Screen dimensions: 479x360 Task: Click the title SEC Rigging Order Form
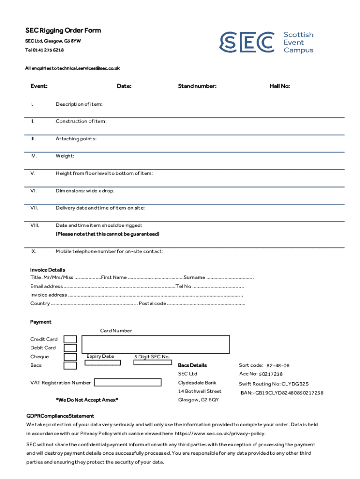(x=63, y=31)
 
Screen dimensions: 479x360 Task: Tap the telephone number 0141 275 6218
(x=48, y=50)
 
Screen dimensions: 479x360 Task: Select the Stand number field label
(x=197, y=86)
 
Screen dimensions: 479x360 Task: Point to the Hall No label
(x=280, y=86)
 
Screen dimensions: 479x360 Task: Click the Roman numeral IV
(x=34, y=156)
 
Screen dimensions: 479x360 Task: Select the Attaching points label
(x=76, y=139)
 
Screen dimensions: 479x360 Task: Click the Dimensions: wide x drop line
(x=85, y=191)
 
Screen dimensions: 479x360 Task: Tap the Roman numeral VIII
(x=35, y=225)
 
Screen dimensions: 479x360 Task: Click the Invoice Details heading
(x=48, y=270)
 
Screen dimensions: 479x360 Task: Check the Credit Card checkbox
(x=70, y=339)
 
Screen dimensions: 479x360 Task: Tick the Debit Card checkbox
(x=70, y=348)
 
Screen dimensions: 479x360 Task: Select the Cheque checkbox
(x=70, y=357)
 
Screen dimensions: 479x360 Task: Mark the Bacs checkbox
(x=70, y=365)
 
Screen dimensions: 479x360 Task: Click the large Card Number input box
(x=155, y=344)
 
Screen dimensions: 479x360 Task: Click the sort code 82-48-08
(x=278, y=365)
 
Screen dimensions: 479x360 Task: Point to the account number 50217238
(x=271, y=374)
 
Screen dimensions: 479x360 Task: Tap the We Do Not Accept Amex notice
(x=87, y=400)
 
